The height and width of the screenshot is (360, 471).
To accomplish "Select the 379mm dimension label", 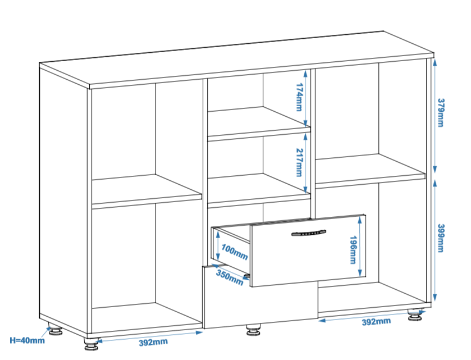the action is (x=441, y=113).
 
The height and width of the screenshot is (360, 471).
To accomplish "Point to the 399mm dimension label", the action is (x=441, y=238).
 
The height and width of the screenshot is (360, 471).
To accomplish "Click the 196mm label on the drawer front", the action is (x=353, y=249).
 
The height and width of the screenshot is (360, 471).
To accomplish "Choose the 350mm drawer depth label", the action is (x=230, y=277).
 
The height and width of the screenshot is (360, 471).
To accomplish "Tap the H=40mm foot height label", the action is (x=27, y=340).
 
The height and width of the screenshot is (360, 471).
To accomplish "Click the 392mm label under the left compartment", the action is (x=153, y=341).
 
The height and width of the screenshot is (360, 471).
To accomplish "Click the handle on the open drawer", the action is (x=308, y=233).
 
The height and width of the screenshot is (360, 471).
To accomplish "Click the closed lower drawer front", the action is (x=258, y=306).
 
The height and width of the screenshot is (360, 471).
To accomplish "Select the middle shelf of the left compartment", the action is (x=146, y=191).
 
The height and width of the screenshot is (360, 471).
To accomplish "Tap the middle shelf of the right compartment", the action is (x=371, y=170).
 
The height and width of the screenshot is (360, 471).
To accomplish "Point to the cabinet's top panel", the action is (x=236, y=59).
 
